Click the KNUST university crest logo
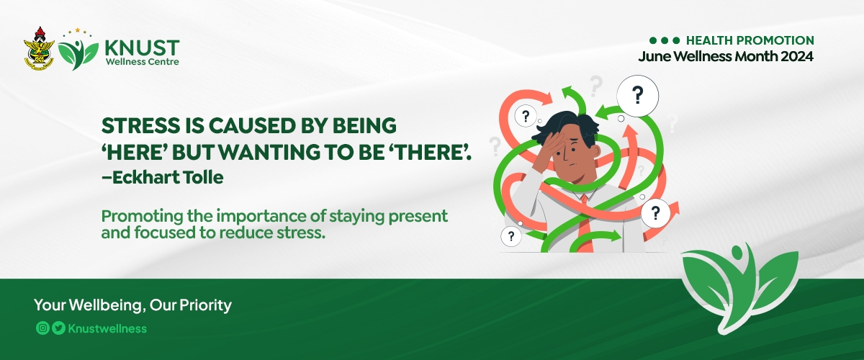[x=39, y=49]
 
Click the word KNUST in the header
[x=142, y=48]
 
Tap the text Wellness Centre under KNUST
[x=142, y=62]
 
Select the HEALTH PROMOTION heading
[x=750, y=40]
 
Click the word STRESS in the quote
[x=140, y=126]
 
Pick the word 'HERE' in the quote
[x=134, y=152]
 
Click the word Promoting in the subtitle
[x=142, y=217]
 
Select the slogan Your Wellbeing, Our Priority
[x=132, y=305]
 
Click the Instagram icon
[x=42, y=328]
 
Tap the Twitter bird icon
[x=58, y=328]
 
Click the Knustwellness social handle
[x=107, y=328]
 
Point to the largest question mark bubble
[x=638, y=96]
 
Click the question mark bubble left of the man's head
[x=526, y=115]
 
